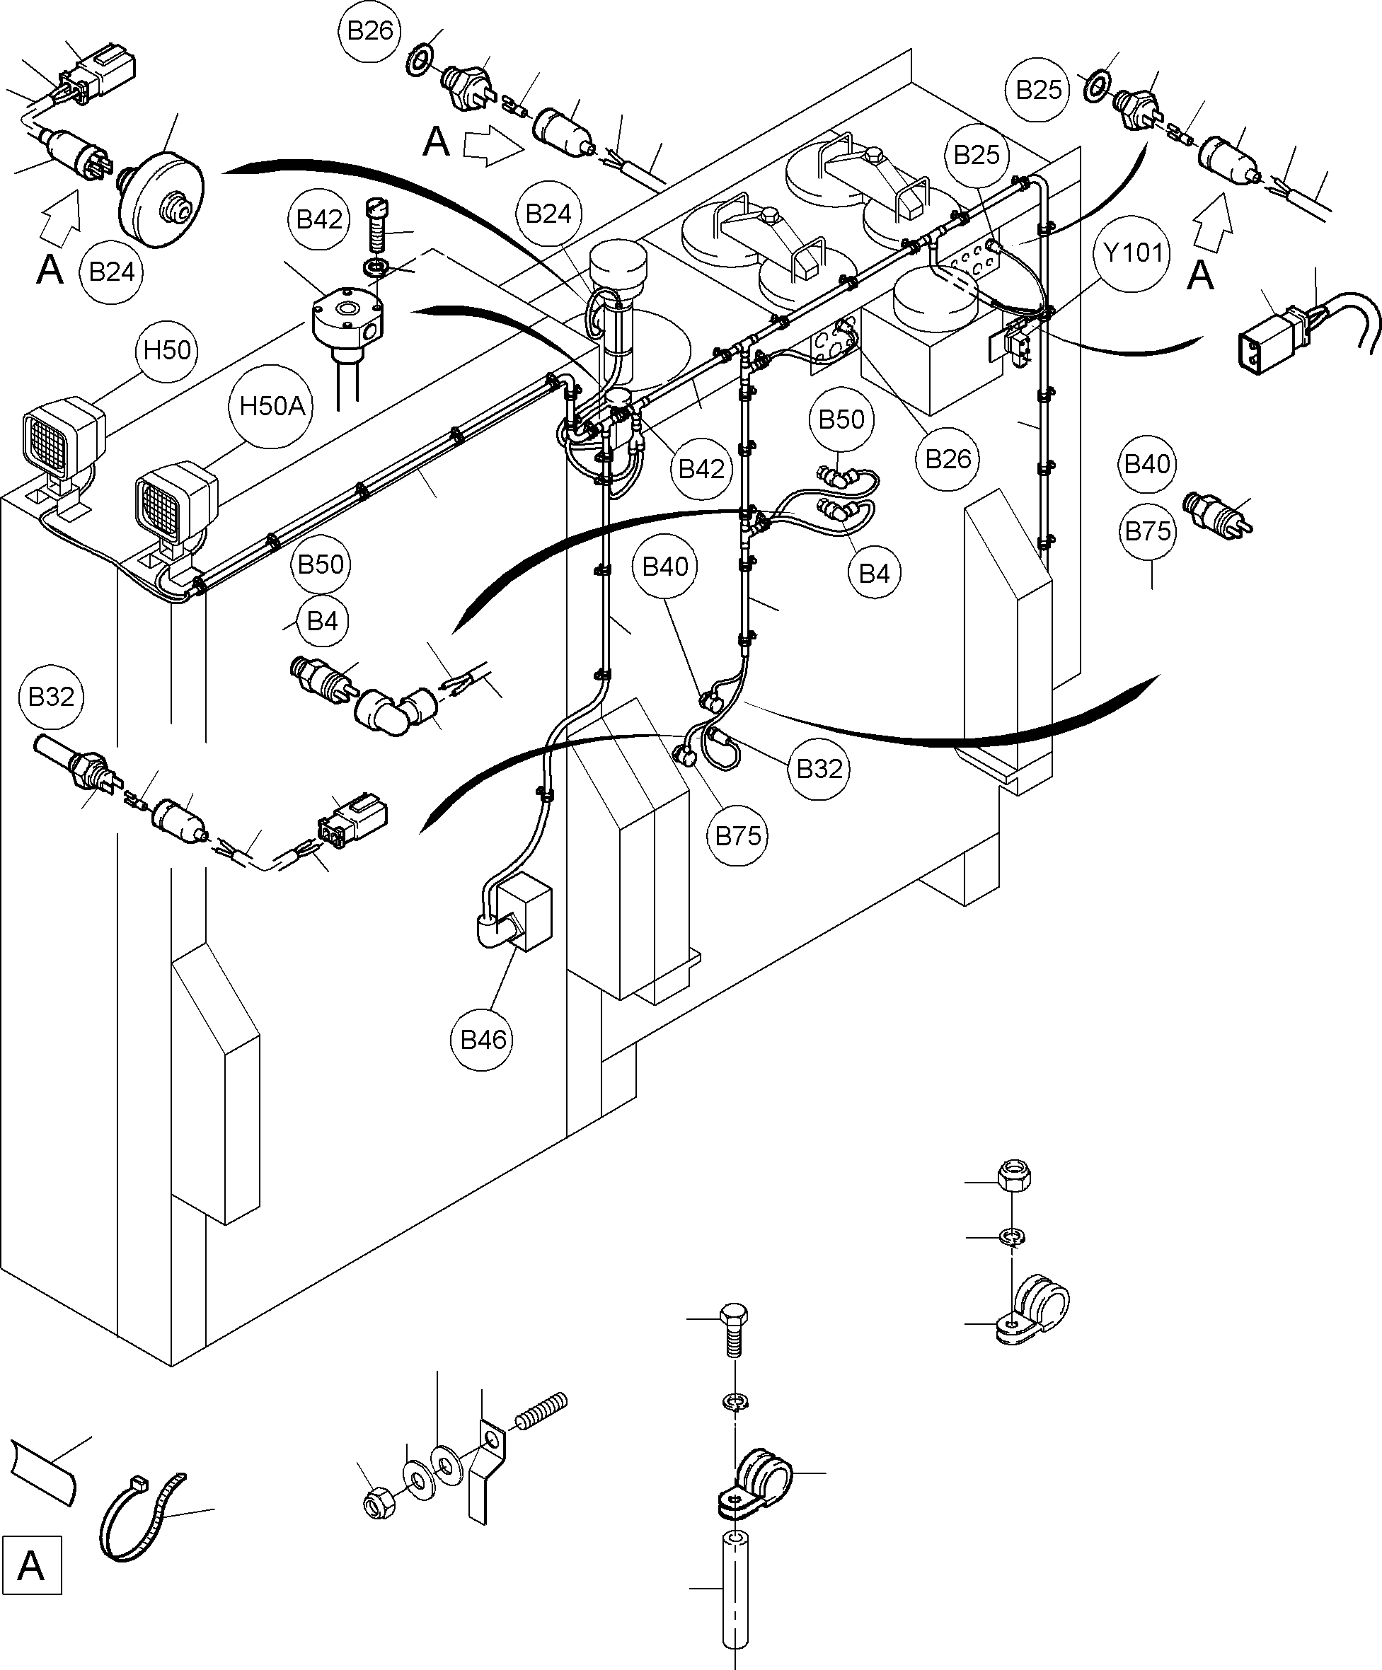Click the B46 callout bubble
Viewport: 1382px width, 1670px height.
coord(483,1039)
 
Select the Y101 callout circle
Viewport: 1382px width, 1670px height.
coord(1133,253)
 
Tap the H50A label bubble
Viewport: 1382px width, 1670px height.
coord(272,407)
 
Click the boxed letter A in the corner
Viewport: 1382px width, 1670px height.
coord(31,1566)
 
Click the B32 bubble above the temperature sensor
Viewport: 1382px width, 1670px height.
coord(51,697)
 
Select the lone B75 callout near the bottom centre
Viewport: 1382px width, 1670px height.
coord(737,836)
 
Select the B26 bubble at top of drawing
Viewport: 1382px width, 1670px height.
coord(370,31)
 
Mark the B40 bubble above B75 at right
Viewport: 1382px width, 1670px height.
coord(1146,463)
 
